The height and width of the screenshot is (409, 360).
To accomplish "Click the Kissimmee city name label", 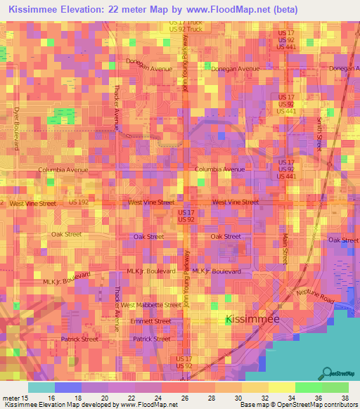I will tap(252, 319).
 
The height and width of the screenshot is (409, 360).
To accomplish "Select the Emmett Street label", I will tap(151, 321).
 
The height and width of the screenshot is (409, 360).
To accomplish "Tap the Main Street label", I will tap(285, 249).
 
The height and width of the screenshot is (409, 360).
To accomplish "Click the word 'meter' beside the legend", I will tap(11, 397).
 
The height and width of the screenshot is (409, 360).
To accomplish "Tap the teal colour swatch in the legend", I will tap(41, 387).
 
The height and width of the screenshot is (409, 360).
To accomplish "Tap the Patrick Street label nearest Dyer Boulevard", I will tap(79, 339).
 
